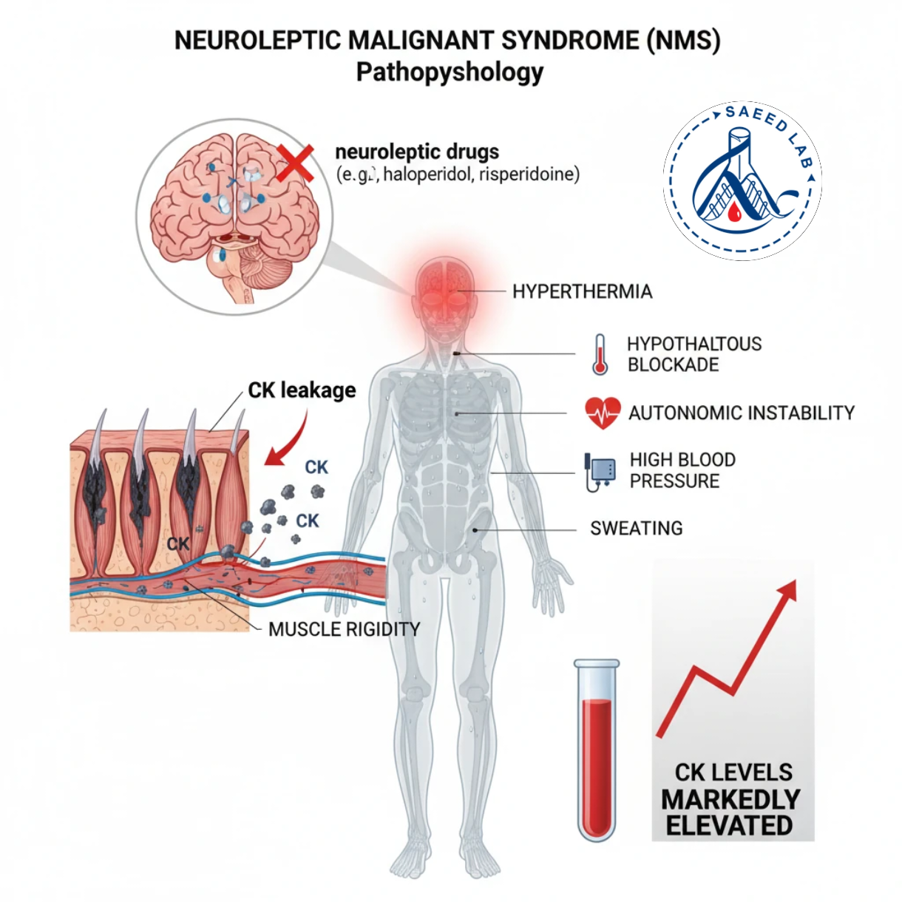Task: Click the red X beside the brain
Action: point(295,163)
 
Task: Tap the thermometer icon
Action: point(600,354)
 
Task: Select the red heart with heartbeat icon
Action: point(603,413)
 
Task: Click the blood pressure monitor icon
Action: point(600,471)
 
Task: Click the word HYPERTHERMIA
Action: point(582,291)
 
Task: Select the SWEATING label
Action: point(636,529)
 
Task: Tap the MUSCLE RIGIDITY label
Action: point(344,629)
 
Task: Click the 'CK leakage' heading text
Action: point(302,390)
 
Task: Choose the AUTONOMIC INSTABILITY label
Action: point(741,413)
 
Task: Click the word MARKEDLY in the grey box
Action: point(730,799)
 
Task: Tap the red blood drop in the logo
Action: point(734,214)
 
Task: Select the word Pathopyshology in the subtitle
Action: point(450,72)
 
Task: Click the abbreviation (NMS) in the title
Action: point(682,40)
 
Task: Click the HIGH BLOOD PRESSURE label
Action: point(682,470)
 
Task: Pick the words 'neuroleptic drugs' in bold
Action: point(417,152)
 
